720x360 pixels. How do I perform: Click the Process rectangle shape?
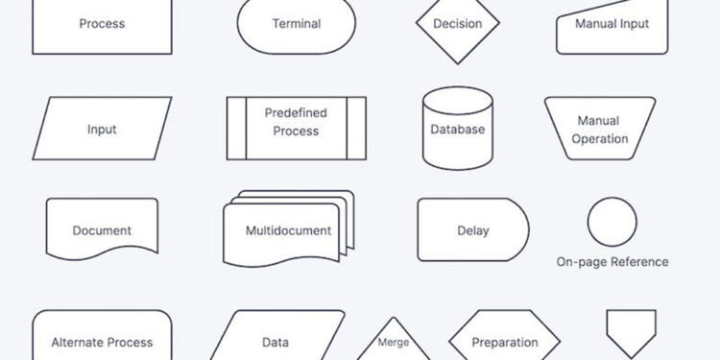point(102,24)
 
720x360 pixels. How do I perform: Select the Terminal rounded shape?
point(296,24)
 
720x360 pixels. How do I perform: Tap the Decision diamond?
point(457,24)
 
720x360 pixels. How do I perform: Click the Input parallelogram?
point(102,129)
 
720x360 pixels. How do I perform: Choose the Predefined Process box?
point(296,128)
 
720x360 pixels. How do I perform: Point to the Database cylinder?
point(457,129)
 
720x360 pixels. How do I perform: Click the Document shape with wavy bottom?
point(102,229)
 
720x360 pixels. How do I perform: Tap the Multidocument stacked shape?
point(287,230)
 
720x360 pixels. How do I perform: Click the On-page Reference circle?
point(612,223)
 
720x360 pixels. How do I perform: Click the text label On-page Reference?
point(612,261)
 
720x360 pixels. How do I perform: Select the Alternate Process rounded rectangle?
point(102,338)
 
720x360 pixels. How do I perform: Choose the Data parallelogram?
point(276,339)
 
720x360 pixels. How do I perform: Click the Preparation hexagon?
point(505,341)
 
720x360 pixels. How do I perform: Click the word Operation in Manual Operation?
point(600,138)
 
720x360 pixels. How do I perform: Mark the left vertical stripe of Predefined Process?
point(236,128)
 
